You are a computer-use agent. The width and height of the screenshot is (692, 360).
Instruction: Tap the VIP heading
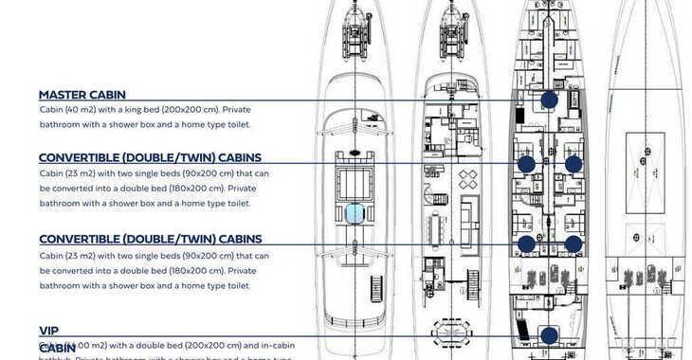pos(48,331)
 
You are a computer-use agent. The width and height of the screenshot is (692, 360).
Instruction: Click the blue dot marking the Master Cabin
pos(549,99)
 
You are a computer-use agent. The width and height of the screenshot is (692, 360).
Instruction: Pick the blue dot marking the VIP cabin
pos(549,334)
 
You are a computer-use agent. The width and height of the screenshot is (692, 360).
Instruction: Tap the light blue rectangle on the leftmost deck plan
pos(355,213)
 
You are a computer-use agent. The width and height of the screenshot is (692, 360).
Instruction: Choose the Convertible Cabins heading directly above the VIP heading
pos(150,240)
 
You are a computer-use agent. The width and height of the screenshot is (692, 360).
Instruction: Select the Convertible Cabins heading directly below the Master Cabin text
pos(150,157)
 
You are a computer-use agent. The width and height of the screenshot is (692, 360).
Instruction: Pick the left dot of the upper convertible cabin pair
pos(526,164)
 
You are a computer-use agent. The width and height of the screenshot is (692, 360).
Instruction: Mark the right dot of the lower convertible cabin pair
pos(573,243)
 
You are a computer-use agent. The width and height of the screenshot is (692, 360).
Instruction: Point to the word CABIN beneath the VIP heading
pos(58,349)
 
